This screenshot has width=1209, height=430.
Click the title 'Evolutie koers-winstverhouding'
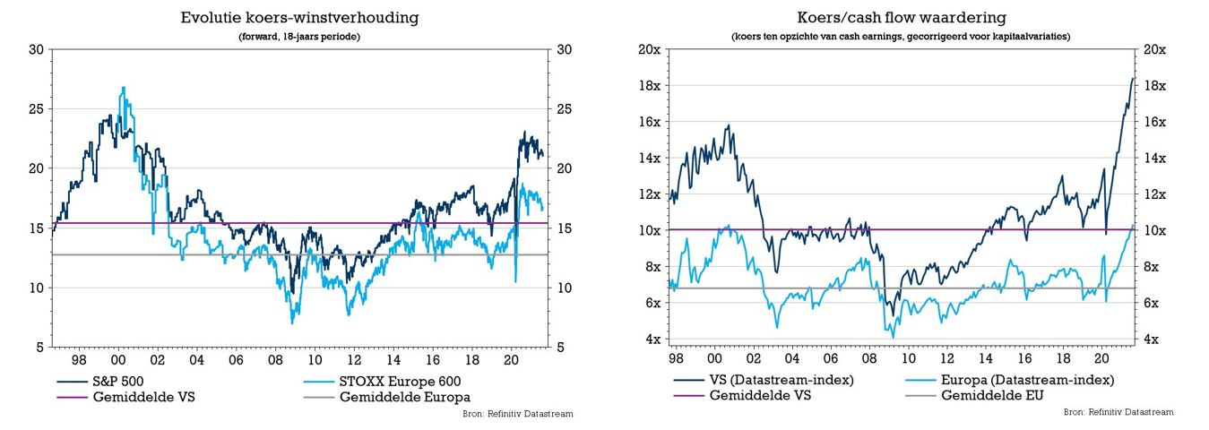pyautogui.click(x=299, y=18)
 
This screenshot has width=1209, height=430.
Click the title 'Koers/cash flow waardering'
pyautogui.click(x=901, y=18)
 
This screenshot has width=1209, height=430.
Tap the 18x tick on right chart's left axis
pyautogui.click(x=650, y=86)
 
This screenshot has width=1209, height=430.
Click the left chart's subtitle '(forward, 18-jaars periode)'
pyautogui.click(x=299, y=37)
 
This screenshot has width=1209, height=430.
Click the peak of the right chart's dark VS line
pyautogui.click(x=1132, y=78)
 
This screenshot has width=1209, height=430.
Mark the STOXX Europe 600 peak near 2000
pyautogui.click(x=123, y=87)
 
